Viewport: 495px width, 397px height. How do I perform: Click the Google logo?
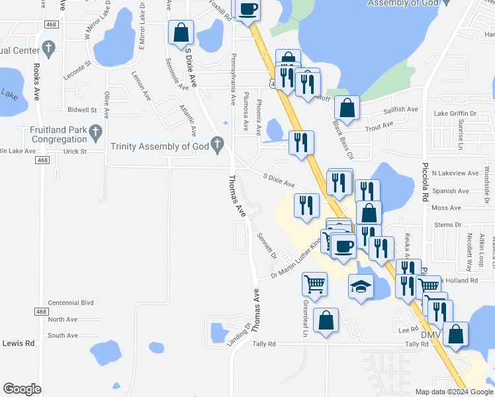tap(21, 389)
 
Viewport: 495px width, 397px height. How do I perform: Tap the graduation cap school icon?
tap(361, 286)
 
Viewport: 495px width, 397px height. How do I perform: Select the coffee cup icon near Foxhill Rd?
tap(248, 9)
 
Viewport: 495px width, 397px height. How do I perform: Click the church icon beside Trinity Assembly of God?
tap(216, 145)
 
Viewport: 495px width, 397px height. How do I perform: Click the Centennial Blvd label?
tap(71, 302)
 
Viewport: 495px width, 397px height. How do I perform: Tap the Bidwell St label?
tap(82, 110)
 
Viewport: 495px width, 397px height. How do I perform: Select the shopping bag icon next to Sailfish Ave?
tap(347, 107)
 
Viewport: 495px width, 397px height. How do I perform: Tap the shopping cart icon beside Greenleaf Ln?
tap(314, 284)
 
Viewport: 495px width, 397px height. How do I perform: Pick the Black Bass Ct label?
tap(343, 140)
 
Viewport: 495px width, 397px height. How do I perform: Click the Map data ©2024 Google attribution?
tap(454, 392)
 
